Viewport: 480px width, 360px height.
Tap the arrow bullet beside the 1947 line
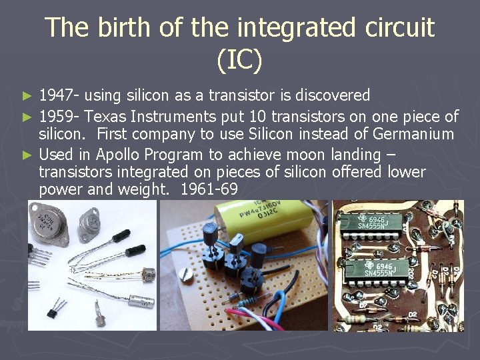point(27,97)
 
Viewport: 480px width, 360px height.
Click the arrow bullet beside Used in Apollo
point(27,155)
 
